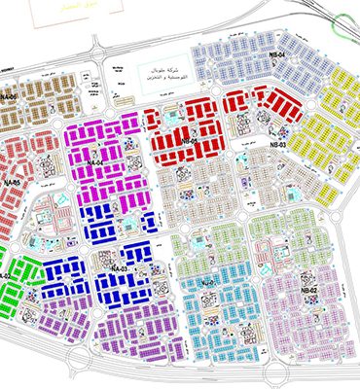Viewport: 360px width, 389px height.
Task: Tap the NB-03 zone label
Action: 278,145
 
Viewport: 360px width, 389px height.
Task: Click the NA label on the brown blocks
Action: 9,97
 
